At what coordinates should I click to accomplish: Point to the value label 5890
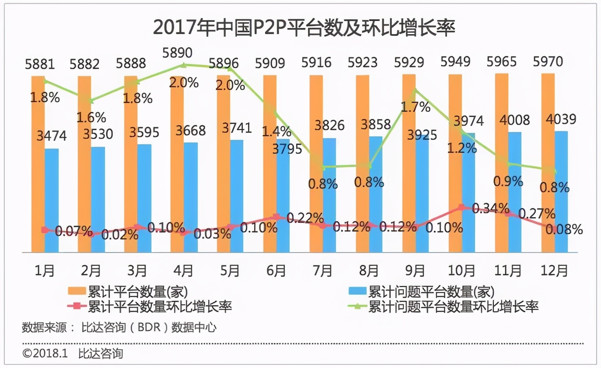178,53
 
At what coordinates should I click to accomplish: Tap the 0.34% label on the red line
491,208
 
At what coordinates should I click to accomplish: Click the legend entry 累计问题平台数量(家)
431,292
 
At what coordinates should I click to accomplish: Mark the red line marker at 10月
461,207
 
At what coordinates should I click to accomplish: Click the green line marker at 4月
184,65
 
